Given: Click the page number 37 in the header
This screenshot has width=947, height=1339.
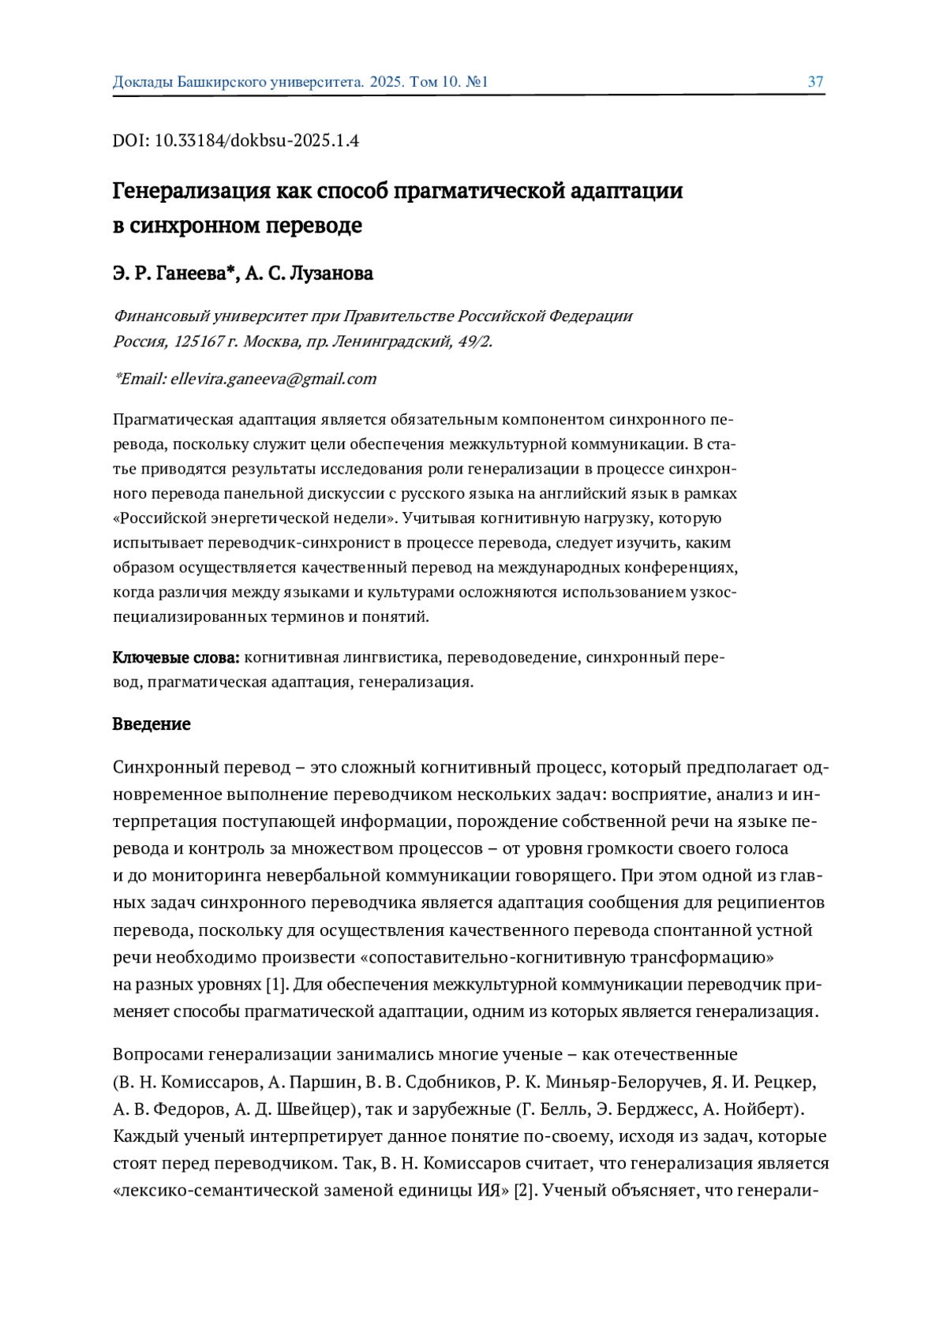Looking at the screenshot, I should click(x=815, y=82).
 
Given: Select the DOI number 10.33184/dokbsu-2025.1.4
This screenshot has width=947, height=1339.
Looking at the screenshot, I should click(x=256, y=141).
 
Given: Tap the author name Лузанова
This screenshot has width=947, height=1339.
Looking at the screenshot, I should click(x=331, y=274).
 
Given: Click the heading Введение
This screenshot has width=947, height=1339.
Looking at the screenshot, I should click(x=152, y=724).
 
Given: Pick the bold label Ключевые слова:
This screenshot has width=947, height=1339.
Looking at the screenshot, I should click(x=176, y=658).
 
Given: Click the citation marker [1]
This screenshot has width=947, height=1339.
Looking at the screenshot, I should click(x=275, y=985).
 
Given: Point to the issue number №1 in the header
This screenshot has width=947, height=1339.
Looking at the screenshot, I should click(x=477, y=82).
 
